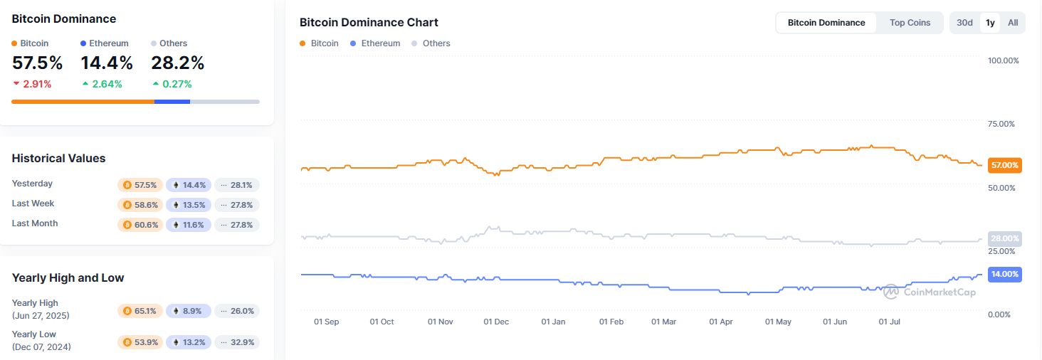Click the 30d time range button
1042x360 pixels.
[x=964, y=23]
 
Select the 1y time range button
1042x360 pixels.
[x=990, y=23]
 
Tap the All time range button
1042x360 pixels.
[x=1013, y=23]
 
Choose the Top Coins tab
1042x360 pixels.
[x=910, y=23]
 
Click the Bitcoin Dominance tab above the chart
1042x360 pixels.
[x=826, y=23]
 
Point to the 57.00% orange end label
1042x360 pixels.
[x=1005, y=165]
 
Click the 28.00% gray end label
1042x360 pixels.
[x=1005, y=238]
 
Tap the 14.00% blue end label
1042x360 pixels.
[x=1005, y=274]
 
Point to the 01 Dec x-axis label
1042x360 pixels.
[x=496, y=322]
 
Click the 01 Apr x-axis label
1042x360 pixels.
[x=721, y=322]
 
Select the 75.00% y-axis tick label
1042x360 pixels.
[x=1004, y=125]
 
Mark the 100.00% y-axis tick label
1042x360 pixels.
[x=1004, y=60]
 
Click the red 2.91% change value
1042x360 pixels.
[x=37, y=84]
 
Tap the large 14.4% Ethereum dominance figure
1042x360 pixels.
[x=107, y=63]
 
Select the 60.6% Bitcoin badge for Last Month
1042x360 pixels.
[x=140, y=225]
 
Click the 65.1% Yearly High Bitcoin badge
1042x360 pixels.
[x=140, y=311]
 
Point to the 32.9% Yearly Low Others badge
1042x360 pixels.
[x=237, y=342]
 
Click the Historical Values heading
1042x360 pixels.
[x=58, y=158]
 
